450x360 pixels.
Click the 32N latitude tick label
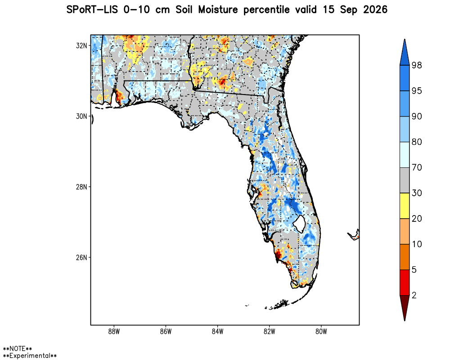click(x=81, y=45)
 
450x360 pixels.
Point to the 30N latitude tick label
click(x=81, y=116)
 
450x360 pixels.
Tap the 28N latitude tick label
click(x=81, y=187)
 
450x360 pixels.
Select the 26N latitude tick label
click(x=81, y=257)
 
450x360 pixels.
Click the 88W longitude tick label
click(x=114, y=332)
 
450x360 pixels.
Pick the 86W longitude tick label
click(x=166, y=332)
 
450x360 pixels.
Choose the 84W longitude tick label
click(x=217, y=332)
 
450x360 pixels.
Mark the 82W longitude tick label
click(x=269, y=332)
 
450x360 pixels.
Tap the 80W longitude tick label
click(x=321, y=332)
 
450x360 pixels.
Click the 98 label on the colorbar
click(x=417, y=65)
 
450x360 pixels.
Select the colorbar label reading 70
click(x=417, y=167)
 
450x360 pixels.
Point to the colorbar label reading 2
click(x=414, y=295)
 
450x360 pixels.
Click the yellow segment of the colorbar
click(x=405, y=206)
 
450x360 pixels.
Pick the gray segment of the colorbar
click(x=405, y=180)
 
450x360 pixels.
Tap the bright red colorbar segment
click(x=405, y=283)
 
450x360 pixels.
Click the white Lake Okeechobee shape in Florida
click(x=300, y=224)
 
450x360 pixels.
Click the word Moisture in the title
click(x=218, y=10)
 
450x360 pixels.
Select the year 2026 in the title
click(x=375, y=10)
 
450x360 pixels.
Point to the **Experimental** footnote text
click(x=30, y=355)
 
